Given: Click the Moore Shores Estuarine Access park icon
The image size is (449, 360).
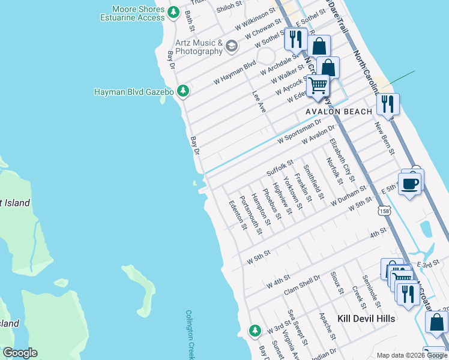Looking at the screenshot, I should click(x=173, y=12).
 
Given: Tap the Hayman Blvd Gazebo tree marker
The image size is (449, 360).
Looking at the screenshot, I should click(x=183, y=91).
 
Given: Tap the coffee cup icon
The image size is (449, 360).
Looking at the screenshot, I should click(x=410, y=184).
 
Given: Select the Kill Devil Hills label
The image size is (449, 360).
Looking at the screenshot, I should click(x=366, y=319).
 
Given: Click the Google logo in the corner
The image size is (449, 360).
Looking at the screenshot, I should click(x=20, y=353).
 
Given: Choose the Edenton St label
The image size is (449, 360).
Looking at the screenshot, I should click(x=236, y=214).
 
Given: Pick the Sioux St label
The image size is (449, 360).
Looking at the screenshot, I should click(x=336, y=283).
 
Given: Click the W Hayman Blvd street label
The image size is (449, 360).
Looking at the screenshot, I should click(x=238, y=67).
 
